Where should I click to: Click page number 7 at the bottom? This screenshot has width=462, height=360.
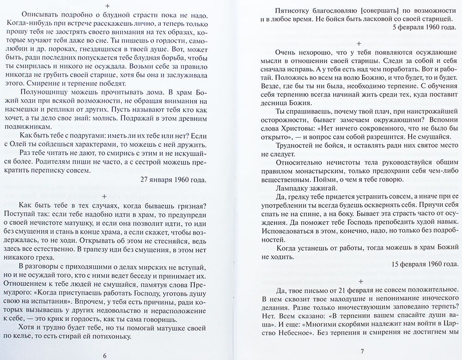pos(362,352)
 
